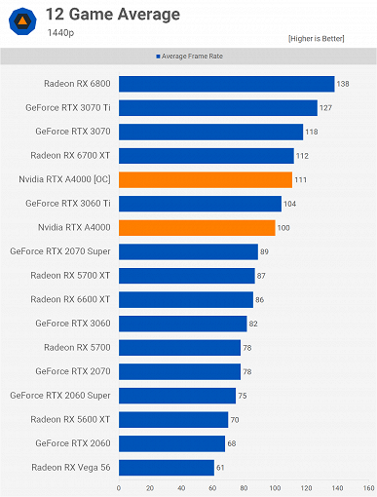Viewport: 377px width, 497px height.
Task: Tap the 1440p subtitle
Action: [60, 32]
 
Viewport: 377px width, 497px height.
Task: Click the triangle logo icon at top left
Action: [20, 20]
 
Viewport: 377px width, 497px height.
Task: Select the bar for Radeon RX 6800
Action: [226, 84]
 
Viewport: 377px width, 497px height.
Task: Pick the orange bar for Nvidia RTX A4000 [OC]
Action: [205, 179]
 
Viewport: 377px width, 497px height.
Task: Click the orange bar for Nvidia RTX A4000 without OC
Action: [196, 227]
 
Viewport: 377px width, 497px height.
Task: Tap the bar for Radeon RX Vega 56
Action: [166, 467]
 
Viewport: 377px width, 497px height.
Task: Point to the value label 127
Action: [325, 108]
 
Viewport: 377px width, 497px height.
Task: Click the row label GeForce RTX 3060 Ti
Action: [72, 204]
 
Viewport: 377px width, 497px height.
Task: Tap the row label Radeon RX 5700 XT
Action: [70, 275]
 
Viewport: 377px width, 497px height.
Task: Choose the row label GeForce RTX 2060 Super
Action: [59, 395]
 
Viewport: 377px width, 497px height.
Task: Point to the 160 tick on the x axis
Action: [368, 487]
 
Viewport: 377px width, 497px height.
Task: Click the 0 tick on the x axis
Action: [119, 487]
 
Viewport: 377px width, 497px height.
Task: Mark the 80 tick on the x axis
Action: [244, 487]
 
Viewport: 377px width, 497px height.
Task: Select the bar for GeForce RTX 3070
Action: [210, 132]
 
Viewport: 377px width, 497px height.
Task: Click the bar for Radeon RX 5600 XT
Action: [172, 419]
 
